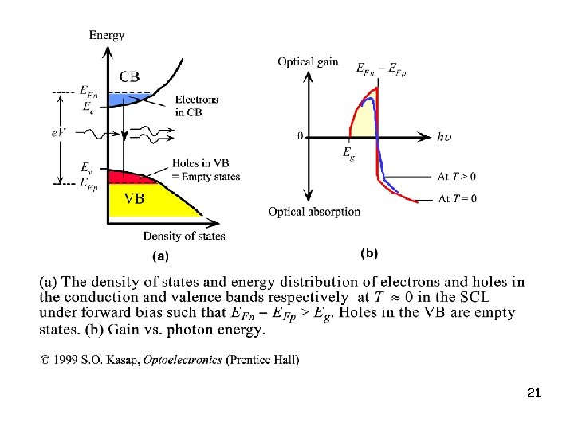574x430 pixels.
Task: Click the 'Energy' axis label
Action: (x=107, y=34)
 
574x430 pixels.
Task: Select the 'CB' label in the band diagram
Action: (x=130, y=76)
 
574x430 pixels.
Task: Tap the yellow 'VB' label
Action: (x=133, y=198)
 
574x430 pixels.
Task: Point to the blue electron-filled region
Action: (x=128, y=100)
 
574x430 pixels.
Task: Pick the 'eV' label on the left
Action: (x=58, y=132)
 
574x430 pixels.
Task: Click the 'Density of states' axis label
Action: (x=184, y=236)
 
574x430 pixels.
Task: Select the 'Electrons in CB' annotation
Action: (x=196, y=106)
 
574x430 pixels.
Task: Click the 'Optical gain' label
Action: (x=308, y=62)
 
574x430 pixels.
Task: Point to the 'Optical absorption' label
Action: (x=314, y=212)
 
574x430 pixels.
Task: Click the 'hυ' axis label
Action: (x=444, y=136)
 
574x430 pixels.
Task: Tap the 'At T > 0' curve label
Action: (x=457, y=176)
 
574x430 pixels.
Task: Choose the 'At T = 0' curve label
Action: (x=457, y=198)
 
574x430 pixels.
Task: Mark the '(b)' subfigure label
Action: (x=368, y=253)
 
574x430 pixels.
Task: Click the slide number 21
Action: (x=534, y=393)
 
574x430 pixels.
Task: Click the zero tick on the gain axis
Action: (x=300, y=136)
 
